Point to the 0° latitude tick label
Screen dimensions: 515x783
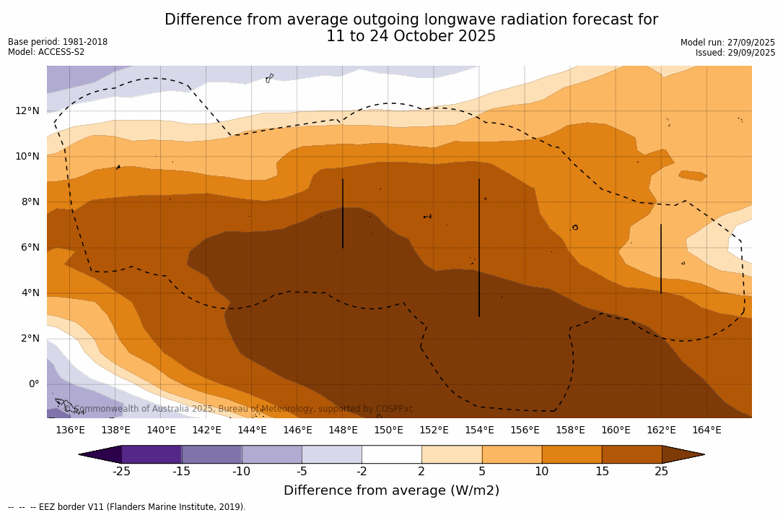[33, 384]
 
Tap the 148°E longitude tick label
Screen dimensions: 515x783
[343, 430]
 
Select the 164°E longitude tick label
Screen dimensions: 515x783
[707, 430]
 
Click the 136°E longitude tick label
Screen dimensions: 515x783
[70, 430]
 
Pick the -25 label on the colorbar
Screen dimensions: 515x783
[121, 472]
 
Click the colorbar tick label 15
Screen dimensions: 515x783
[601, 472]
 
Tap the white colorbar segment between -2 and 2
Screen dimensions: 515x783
[391, 454]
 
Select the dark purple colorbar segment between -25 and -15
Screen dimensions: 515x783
[152, 454]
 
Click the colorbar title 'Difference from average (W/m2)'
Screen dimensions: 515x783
[391, 491]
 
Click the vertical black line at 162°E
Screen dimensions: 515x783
[661, 259]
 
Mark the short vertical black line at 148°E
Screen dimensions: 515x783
[343, 214]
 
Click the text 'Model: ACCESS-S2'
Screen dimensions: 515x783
[46, 52]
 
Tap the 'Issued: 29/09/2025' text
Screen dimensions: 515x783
[735, 53]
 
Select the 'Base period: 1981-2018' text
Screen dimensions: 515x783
[58, 42]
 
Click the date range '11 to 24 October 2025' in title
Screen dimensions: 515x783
[411, 37]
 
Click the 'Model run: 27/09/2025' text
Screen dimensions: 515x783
[727, 43]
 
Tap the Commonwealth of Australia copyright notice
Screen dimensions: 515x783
[238, 409]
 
